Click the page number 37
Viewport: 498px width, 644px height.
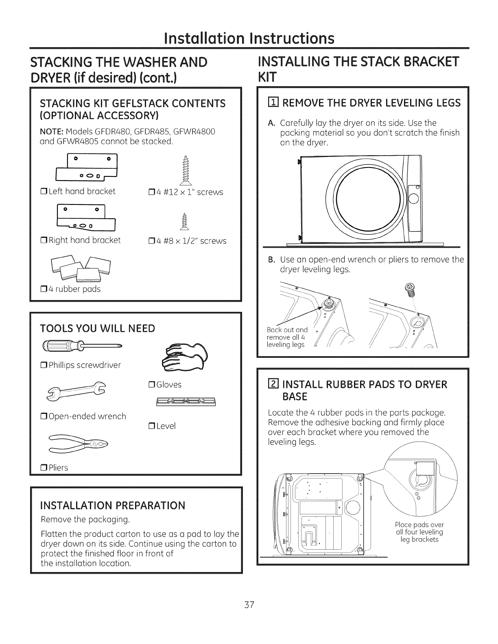click(249, 605)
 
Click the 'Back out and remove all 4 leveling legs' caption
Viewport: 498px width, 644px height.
click(287, 337)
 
